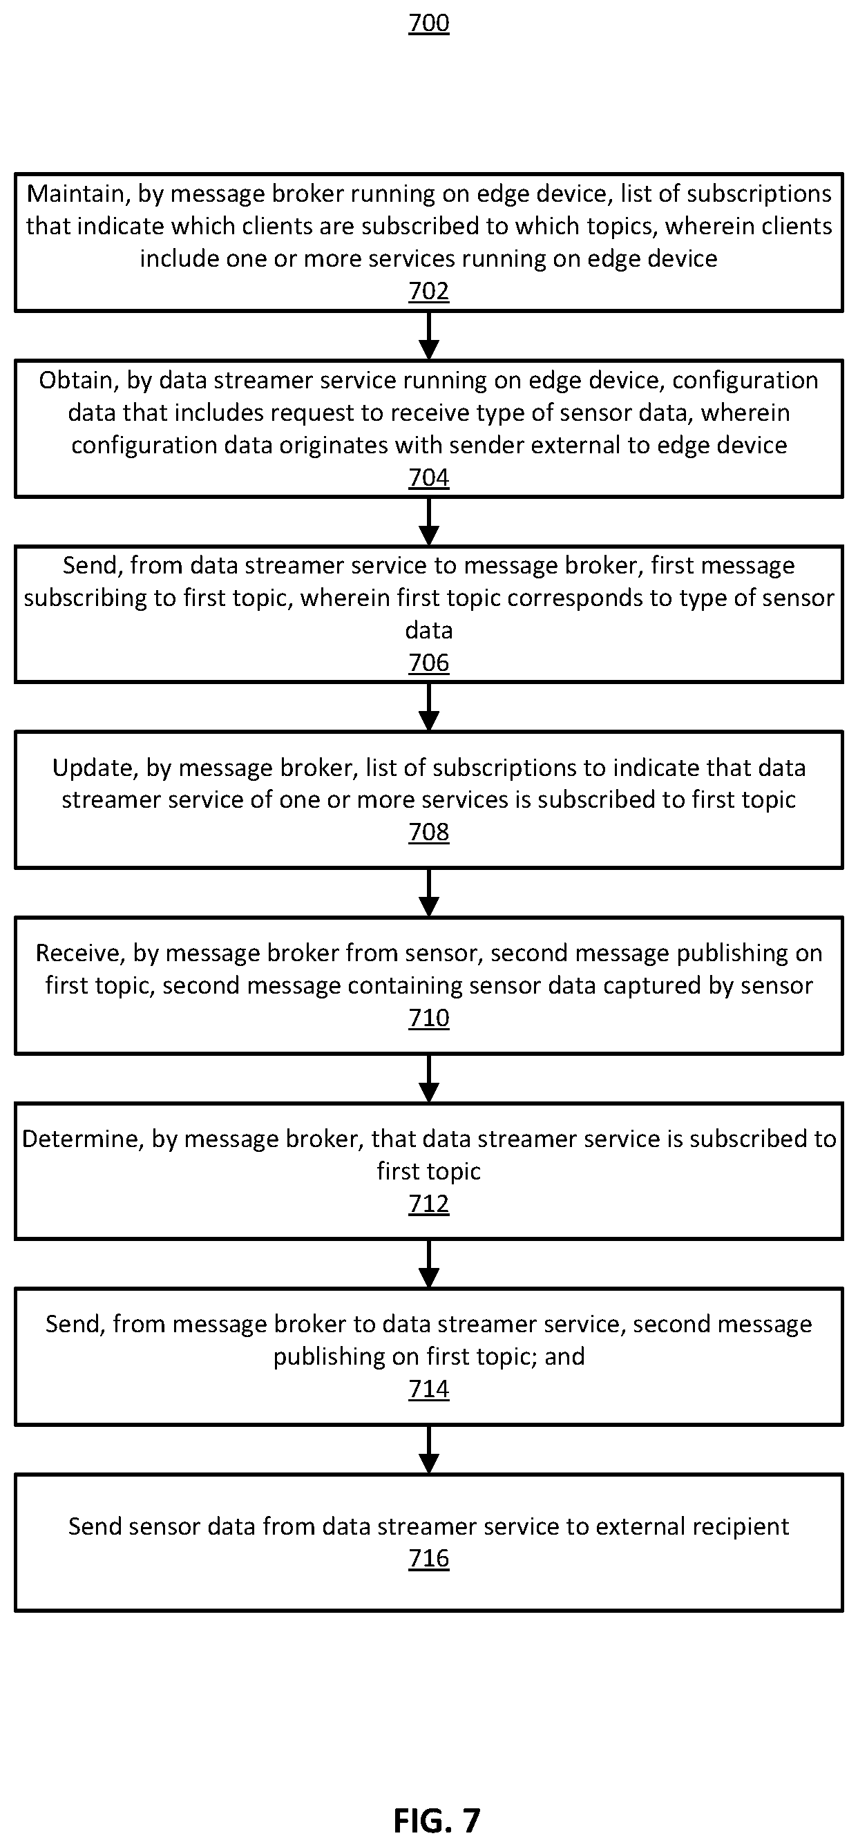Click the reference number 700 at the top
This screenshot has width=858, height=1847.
click(x=428, y=23)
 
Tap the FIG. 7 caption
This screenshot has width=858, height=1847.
click(x=437, y=1820)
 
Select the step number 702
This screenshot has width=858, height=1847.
click(x=428, y=290)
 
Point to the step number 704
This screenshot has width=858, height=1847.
click(x=428, y=477)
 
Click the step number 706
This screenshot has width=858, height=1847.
click(x=428, y=663)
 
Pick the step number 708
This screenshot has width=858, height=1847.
click(x=428, y=832)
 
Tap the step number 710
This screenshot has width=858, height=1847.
click(x=428, y=1017)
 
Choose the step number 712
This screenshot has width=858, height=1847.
click(x=428, y=1203)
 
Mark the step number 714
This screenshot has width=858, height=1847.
click(x=428, y=1389)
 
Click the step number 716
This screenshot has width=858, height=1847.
click(x=428, y=1558)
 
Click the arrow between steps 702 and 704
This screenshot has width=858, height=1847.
click(x=428, y=336)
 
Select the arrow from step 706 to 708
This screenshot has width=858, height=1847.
click(x=428, y=707)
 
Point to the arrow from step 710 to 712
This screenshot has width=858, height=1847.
click(x=428, y=1079)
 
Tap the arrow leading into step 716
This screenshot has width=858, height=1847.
click(x=428, y=1450)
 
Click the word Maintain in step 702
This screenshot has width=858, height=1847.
click(x=75, y=194)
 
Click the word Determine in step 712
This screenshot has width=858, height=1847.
click(x=80, y=1139)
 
